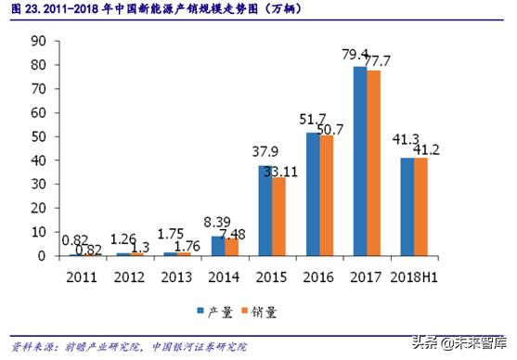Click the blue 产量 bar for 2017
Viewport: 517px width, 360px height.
[359, 161]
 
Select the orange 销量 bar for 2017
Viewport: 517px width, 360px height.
[373, 163]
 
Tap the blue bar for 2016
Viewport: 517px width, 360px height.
[311, 194]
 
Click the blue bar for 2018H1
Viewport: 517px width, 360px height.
[407, 206]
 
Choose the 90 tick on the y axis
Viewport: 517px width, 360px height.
[37, 41]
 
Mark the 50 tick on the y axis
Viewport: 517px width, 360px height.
[37, 136]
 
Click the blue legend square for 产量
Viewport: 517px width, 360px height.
[200, 312]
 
